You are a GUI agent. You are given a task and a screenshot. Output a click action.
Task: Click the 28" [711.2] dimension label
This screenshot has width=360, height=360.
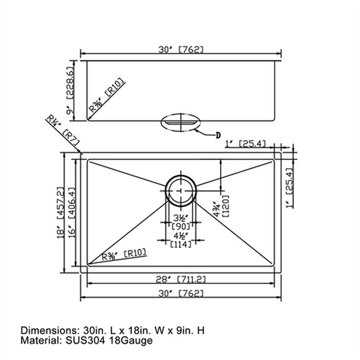pyautogui.click(x=181, y=279)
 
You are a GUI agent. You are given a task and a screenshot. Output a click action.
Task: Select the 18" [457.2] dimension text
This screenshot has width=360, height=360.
pyautogui.click(x=60, y=212)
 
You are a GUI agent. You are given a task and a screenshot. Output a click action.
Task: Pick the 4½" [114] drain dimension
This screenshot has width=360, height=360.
pyautogui.click(x=181, y=240)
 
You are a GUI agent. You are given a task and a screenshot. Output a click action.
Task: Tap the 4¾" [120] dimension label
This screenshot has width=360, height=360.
pyautogui.click(x=221, y=206)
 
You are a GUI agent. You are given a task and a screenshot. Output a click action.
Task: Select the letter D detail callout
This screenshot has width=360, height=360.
pyautogui.click(x=218, y=135)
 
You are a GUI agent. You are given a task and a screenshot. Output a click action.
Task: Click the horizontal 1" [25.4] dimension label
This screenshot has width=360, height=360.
pyautogui.click(x=246, y=144)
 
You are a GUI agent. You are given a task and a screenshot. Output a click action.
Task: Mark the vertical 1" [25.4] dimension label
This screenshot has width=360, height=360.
pyautogui.click(x=290, y=188)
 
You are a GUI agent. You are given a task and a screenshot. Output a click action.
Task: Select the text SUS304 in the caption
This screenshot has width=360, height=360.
pyautogui.click(x=85, y=341)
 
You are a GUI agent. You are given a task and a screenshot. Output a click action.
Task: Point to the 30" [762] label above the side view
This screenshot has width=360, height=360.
pyautogui.click(x=181, y=49)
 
